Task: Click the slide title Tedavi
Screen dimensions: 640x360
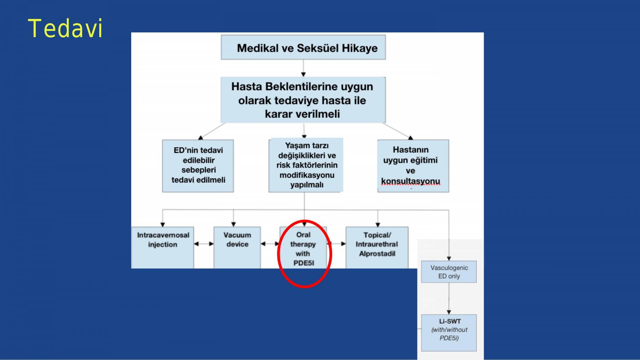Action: pos(65,28)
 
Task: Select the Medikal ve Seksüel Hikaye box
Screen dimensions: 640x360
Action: pos(303,47)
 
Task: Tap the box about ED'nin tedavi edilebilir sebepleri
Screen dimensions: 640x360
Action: pos(198,166)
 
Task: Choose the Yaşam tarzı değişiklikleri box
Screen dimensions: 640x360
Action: pos(306,165)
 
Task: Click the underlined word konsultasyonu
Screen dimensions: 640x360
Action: pos(411,181)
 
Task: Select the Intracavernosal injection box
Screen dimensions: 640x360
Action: pos(163,247)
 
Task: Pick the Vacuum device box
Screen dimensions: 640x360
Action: pos(237,247)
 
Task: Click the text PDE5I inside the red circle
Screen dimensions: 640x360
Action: pos(304,263)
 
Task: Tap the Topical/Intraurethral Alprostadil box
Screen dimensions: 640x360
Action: pos(377,247)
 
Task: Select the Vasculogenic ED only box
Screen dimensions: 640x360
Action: pos(449,272)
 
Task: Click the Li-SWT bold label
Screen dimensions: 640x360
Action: pos(450,321)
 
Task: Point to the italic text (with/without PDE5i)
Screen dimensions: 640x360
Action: pos(449,334)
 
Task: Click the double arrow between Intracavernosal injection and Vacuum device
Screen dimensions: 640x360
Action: pos(204,244)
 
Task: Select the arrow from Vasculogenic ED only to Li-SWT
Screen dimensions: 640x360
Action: pos(449,299)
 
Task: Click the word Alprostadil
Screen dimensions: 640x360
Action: pos(377,254)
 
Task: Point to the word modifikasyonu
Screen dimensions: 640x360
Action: pos(307,175)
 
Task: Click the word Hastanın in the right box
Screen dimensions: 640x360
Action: pos(411,150)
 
